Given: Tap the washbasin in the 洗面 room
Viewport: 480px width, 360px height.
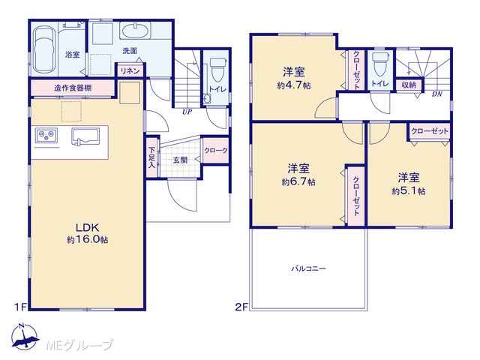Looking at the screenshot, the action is coord(135,31).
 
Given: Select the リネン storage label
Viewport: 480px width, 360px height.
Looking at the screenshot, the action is coord(130,71).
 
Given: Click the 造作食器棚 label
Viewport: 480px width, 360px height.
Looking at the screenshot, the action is coord(73,88).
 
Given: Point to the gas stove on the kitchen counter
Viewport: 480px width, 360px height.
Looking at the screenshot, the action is coord(46,135).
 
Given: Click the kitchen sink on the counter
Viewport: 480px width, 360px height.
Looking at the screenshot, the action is coord(85,136).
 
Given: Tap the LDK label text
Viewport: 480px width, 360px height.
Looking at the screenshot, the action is coord(87,227).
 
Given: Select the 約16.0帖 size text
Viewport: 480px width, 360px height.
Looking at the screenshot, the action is coord(88,240).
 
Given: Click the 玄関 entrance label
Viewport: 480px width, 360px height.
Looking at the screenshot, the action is coord(180,160).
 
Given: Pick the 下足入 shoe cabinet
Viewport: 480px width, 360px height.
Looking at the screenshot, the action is coord(151,157).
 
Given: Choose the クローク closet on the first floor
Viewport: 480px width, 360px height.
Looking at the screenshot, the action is coord(216,150).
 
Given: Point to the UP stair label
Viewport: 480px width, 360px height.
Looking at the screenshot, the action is coord(187,112).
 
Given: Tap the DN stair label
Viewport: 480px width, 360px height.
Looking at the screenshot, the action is coord(437,94).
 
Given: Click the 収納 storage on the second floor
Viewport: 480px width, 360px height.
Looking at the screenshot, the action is coord(409,85).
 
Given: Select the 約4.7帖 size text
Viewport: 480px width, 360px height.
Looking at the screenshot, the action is coord(294,85).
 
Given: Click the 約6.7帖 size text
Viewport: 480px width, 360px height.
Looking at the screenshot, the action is coord(298,181).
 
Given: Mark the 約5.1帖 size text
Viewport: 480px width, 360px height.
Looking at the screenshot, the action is coord(409,191).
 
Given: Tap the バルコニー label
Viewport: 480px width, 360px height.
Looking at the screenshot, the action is coord(308,268).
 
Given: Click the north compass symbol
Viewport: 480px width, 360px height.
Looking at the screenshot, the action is coord(24,335).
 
